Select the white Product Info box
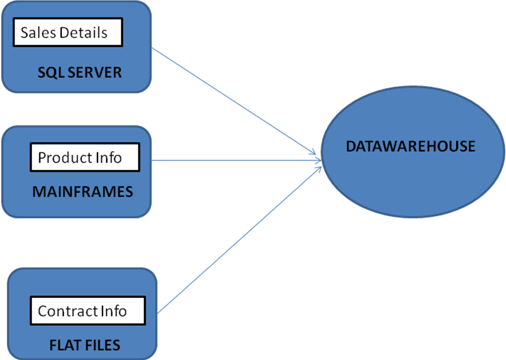point(85,157)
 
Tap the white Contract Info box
point(87,311)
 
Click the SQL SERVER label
point(79,73)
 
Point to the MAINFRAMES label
point(82,192)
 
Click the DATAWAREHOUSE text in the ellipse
point(410,147)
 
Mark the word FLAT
point(64,344)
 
